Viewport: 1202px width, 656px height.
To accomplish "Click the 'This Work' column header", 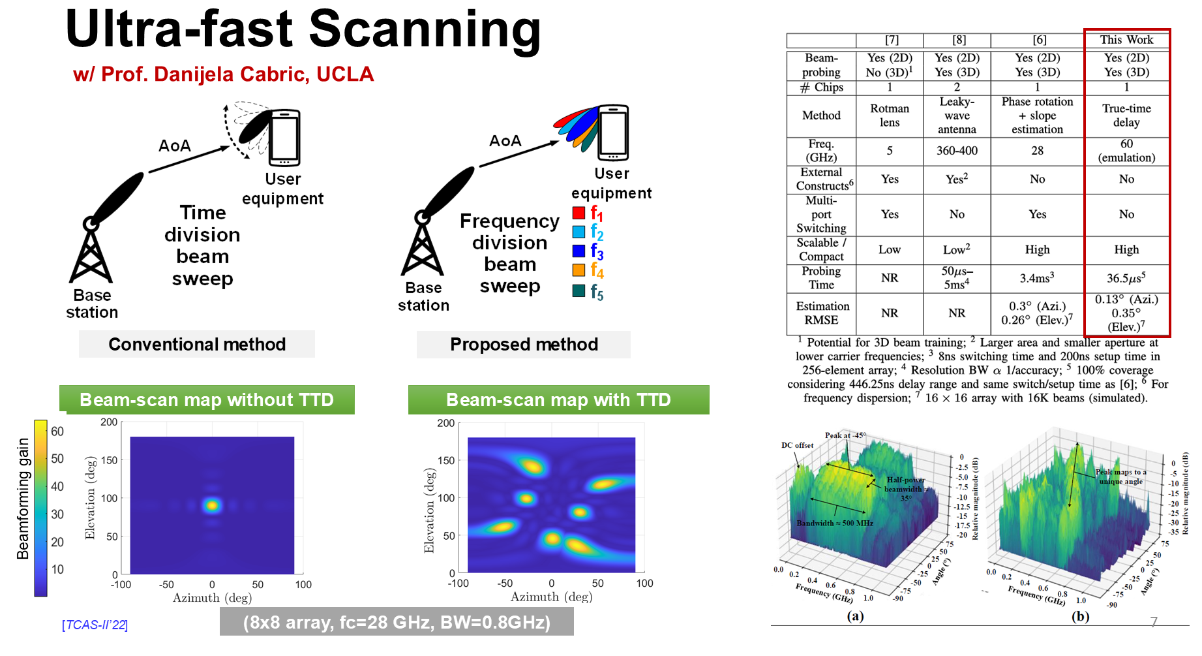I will (x=1126, y=40).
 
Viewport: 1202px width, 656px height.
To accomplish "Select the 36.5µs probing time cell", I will (x=1126, y=278).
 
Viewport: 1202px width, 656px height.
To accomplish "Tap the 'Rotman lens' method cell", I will (x=889, y=116).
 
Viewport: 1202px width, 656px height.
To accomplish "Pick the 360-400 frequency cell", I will (x=957, y=151).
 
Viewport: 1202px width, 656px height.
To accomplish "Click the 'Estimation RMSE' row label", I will (x=822, y=313).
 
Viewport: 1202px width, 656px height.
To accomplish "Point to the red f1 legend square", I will (x=578, y=213).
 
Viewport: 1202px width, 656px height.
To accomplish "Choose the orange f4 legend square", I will (x=578, y=270).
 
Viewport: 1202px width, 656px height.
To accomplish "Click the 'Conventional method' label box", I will (x=197, y=344).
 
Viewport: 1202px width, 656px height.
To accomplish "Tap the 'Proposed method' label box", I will (x=524, y=344).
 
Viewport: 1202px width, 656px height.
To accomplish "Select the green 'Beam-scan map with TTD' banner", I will (x=558, y=399).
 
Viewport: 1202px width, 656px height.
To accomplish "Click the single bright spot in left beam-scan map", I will (x=211, y=505).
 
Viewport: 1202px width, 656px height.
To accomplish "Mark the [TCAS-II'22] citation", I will (x=95, y=625).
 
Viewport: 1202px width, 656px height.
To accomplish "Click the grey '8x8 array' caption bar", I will (x=397, y=622).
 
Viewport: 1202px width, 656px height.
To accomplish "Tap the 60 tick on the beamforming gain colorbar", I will (x=57, y=431).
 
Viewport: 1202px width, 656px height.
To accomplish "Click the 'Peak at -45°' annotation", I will (x=845, y=435).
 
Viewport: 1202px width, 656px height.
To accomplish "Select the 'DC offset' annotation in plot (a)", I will (x=797, y=445).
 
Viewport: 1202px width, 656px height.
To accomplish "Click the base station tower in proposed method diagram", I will (x=423, y=245).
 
